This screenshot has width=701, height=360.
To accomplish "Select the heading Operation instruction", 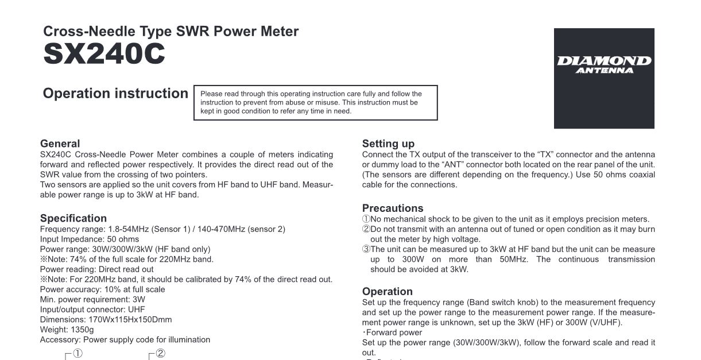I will (x=115, y=94).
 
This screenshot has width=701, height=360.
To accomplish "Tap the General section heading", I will (x=60, y=144).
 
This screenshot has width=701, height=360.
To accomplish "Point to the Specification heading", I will (x=73, y=218).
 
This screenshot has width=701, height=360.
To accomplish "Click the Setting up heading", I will (x=388, y=144).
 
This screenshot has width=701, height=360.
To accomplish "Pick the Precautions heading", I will (x=393, y=208).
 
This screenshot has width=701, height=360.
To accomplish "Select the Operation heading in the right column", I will (x=388, y=291).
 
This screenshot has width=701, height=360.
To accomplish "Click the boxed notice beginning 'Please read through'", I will (x=316, y=102).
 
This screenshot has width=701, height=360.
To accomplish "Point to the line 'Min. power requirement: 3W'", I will (x=92, y=299).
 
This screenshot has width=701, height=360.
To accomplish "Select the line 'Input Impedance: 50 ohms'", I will (x=90, y=239).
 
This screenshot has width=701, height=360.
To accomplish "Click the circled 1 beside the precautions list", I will (x=366, y=219).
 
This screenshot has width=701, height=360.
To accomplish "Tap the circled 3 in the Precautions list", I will (x=366, y=249).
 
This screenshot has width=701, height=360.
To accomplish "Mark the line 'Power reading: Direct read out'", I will (x=97, y=269).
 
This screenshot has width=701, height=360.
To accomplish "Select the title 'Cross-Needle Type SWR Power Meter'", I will (x=171, y=32).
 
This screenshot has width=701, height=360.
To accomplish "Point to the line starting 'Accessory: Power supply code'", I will (x=125, y=340).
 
